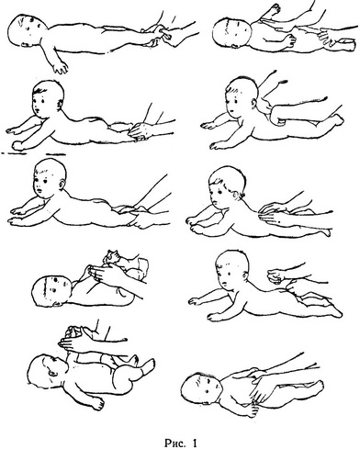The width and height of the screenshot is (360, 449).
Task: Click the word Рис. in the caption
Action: click(x=175, y=443)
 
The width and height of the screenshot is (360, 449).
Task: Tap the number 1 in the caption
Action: click(x=194, y=443)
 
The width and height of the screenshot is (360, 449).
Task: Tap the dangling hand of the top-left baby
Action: click(x=61, y=67)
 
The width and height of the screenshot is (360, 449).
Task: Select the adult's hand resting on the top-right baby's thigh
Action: click(x=328, y=35)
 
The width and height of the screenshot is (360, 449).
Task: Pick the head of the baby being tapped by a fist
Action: click(x=232, y=268)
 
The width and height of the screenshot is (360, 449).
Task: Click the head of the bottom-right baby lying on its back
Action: click(x=200, y=388)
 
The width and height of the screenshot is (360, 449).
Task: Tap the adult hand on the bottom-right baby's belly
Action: click(x=262, y=389)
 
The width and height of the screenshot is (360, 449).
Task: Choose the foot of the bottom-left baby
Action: click(x=148, y=366)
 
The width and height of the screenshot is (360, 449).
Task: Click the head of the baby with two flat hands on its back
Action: click(x=226, y=186)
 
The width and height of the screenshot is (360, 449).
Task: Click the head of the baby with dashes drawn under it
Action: click(x=49, y=98)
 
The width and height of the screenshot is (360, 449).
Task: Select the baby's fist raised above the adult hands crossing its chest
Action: click(x=110, y=257)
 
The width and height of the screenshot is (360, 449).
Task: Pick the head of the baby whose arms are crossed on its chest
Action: click(x=51, y=290)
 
